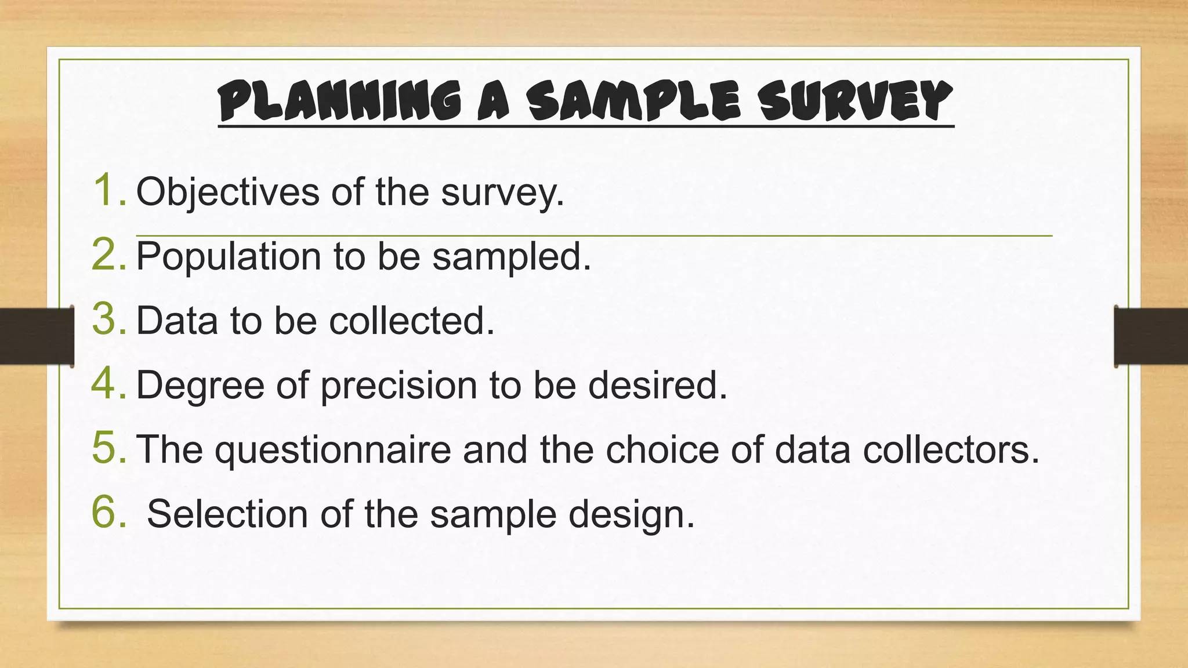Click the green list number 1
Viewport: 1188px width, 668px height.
click(108, 190)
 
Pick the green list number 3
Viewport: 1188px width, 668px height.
click(108, 319)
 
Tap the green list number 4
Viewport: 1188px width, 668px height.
click(108, 384)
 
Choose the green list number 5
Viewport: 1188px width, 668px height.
click(108, 448)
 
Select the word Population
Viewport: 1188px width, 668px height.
click(229, 256)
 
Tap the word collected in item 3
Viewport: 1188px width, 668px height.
click(412, 320)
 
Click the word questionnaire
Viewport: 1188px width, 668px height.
click(333, 450)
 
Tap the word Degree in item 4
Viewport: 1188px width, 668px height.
click(200, 386)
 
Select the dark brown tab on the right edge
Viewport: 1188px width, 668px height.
click(1151, 336)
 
